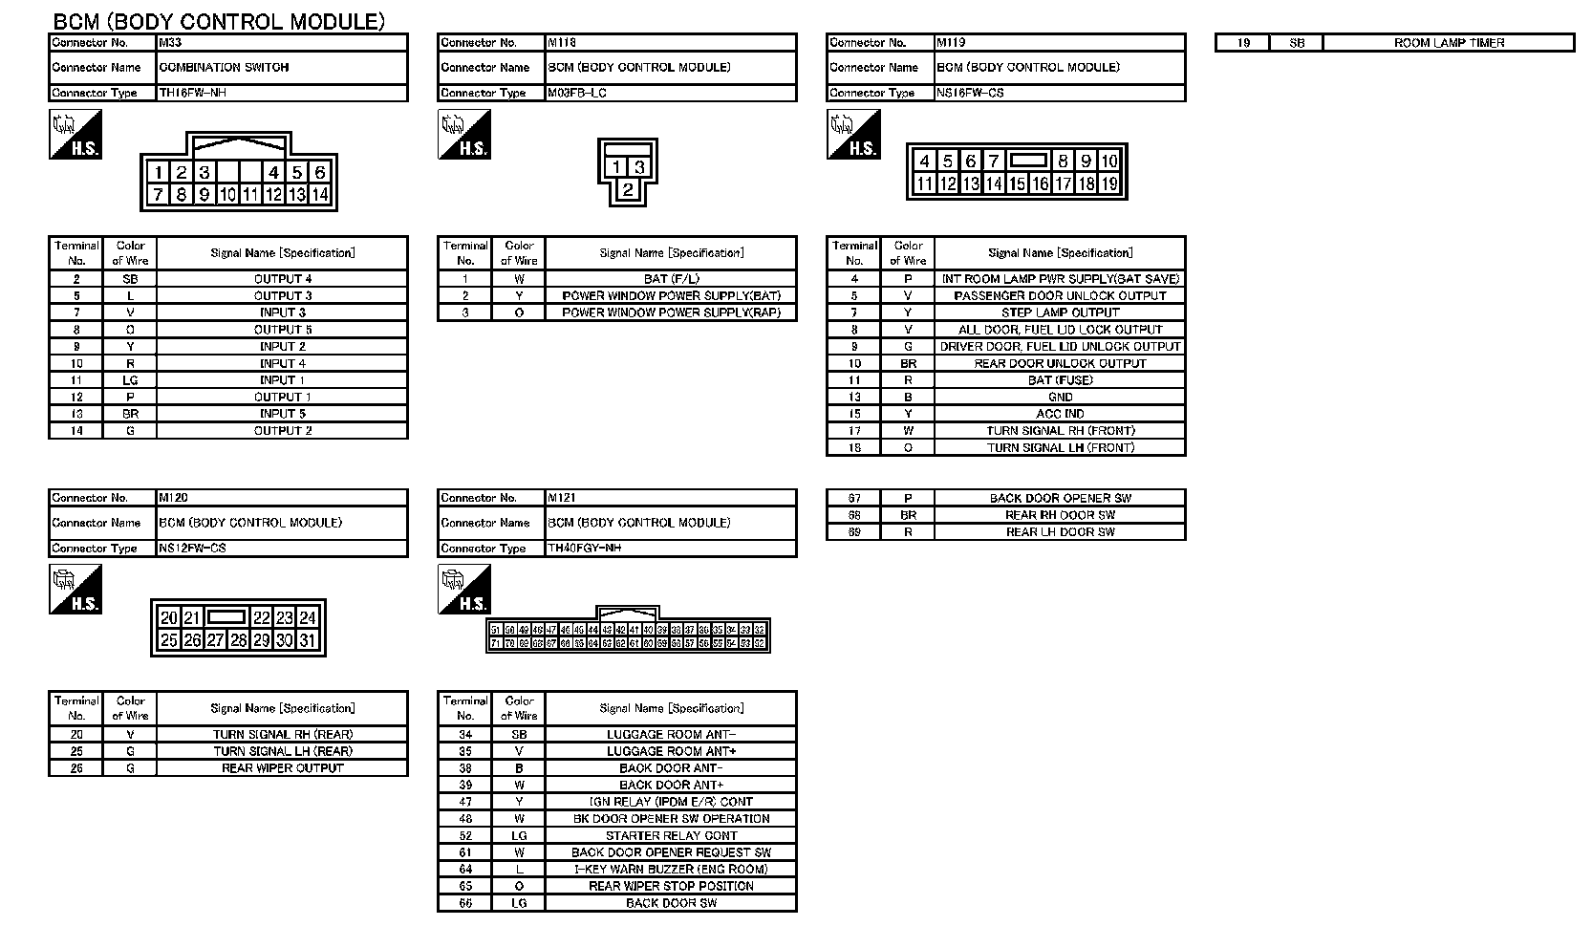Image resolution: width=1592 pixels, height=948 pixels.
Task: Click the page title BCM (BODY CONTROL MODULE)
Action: click(x=219, y=21)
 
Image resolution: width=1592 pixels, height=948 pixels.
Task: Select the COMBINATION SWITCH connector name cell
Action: click(x=282, y=68)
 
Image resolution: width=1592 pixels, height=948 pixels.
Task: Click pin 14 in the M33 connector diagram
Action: click(x=320, y=195)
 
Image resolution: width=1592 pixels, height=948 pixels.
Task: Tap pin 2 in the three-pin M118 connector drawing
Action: click(x=628, y=189)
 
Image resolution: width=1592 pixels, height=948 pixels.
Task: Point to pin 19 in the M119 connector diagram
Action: click(x=1109, y=184)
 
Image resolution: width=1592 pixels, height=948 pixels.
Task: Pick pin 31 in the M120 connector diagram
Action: click(x=308, y=640)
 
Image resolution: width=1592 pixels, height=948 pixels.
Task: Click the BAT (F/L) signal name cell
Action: click(x=671, y=279)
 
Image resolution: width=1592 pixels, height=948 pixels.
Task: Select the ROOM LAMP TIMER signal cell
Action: click(x=1449, y=43)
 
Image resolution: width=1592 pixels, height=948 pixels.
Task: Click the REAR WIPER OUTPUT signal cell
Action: click(x=282, y=768)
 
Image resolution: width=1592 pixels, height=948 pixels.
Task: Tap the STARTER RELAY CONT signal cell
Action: click(x=671, y=835)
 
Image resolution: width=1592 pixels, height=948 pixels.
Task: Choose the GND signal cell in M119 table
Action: click(x=1060, y=397)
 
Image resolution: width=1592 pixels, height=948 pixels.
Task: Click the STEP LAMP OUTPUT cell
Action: click(x=1060, y=312)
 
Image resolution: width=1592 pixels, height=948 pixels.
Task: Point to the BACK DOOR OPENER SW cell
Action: click(x=1060, y=498)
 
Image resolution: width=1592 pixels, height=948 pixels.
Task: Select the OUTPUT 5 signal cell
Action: click(x=282, y=330)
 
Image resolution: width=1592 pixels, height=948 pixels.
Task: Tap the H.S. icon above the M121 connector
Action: click(x=464, y=590)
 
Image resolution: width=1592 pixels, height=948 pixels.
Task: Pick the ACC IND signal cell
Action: click(x=1060, y=414)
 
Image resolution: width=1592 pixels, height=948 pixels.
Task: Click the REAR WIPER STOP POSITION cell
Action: click(x=671, y=886)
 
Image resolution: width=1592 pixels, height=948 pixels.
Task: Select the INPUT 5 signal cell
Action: click(x=282, y=414)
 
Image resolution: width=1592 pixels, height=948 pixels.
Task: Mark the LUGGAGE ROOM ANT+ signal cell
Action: click(x=671, y=751)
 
